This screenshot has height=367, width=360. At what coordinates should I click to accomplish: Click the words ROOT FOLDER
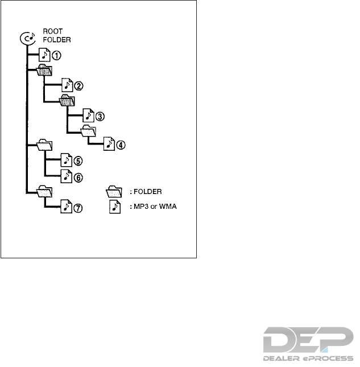(55, 37)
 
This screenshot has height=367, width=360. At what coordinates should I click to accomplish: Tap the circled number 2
(78, 86)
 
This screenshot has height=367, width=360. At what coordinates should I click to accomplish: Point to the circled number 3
(100, 116)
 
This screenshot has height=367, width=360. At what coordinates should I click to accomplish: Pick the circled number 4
(121, 145)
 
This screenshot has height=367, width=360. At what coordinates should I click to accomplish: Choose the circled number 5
(78, 161)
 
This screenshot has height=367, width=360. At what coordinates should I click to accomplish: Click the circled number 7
(78, 208)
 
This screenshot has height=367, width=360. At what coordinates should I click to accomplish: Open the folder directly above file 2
(44, 71)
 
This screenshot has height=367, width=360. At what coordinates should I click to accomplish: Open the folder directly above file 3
(67, 101)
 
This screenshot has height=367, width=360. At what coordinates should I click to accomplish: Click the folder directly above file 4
(89, 131)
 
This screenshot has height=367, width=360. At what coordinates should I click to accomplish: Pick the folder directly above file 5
(44, 146)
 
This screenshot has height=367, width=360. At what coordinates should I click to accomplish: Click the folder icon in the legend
(115, 191)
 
